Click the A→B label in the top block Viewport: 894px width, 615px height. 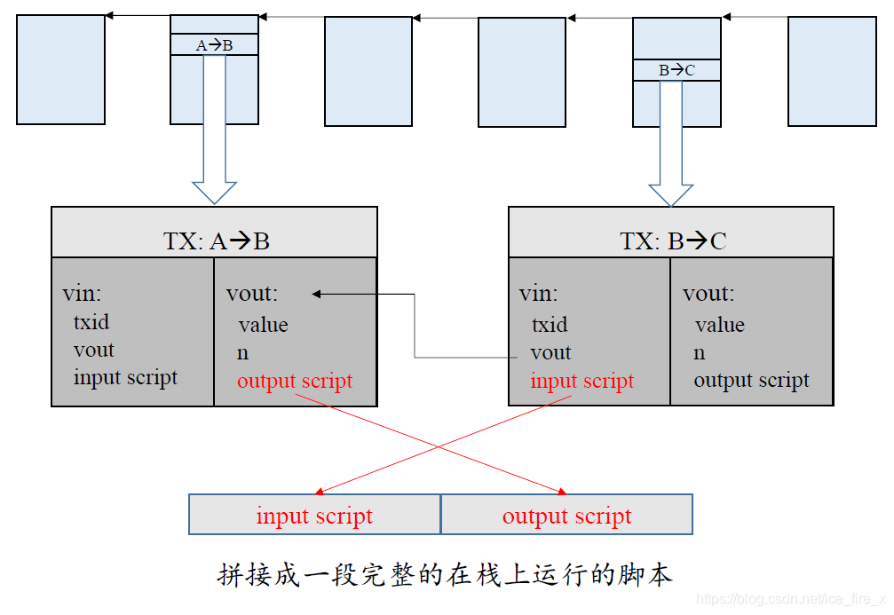point(214,44)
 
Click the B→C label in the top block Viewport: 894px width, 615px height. point(676,70)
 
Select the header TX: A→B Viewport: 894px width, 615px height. point(216,241)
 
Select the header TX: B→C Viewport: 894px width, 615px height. point(672,241)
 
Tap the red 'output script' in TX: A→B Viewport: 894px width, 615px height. point(295,381)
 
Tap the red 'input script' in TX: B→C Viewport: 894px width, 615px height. point(581,381)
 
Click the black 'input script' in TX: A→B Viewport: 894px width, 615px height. point(125,377)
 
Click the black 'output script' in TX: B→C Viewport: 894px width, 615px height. point(751,381)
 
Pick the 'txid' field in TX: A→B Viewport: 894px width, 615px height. point(91,321)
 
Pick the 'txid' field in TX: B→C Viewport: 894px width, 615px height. point(550,325)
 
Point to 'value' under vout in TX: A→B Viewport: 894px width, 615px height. point(263,325)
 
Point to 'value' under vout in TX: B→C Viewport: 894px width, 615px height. point(719,325)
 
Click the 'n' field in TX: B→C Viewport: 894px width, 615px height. point(700,353)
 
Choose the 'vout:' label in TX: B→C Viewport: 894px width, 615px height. point(708,294)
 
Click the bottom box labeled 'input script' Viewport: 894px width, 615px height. point(314,516)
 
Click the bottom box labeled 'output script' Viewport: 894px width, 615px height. point(566,516)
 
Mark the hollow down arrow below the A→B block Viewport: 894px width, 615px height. point(214,133)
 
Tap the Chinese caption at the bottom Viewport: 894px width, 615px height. point(445,574)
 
